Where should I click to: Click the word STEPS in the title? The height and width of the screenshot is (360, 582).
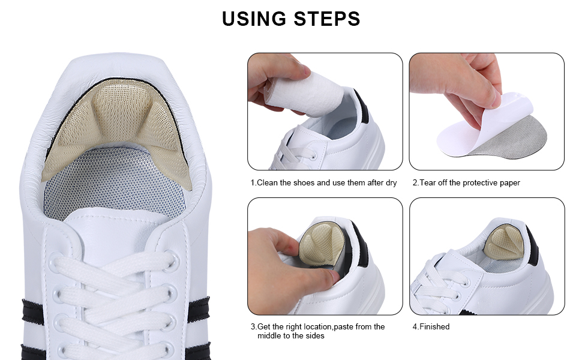(326, 19)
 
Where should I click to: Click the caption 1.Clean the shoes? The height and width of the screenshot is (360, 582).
(323, 182)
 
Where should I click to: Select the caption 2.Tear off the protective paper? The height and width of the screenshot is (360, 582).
(466, 182)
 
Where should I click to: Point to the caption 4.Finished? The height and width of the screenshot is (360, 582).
(431, 326)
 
